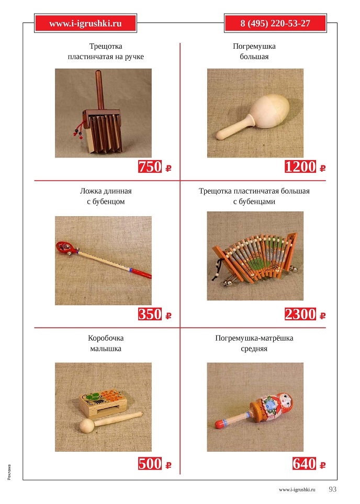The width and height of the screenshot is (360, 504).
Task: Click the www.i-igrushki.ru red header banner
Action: pyautogui.click(x=85, y=23)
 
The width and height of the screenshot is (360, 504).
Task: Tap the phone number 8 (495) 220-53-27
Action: pyautogui.click(x=275, y=23)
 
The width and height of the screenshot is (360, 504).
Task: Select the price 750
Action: pyautogui.click(x=150, y=167)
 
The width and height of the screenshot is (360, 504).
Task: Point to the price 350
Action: pyautogui.click(x=150, y=314)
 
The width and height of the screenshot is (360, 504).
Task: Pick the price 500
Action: pyautogui.click(x=150, y=464)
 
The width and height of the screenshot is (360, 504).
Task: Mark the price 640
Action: pyautogui.click(x=305, y=464)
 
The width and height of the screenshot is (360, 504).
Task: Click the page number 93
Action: pyautogui.click(x=332, y=489)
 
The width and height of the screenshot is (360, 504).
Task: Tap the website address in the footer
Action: pyautogui.click(x=298, y=490)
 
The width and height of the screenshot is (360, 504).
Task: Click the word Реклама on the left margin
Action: pyautogui.click(x=9, y=472)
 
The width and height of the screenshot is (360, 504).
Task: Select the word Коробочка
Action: pyautogui.click(x=106, y=338)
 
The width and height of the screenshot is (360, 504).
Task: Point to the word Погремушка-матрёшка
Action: pyautogui.click(x=254, y=338)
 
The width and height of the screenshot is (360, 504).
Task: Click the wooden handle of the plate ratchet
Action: pyautogui.click(x=98, y=86)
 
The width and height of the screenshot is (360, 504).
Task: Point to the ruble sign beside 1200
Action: pyautogui.click(x=322, y=169)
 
